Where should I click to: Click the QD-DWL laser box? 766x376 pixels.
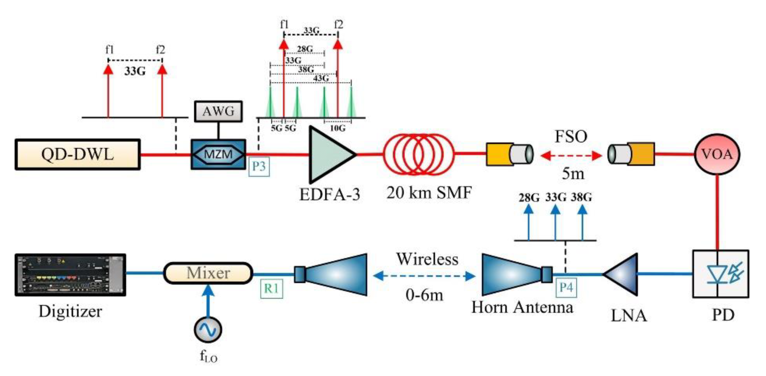pyautogui.click(x=77, y=155)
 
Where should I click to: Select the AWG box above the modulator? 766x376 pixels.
pyautogui.click(x=218, y=111)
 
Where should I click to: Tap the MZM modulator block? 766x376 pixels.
pyautogui.click(x=218, y=155)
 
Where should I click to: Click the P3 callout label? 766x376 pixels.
pyautogui.click(x=259, y=166)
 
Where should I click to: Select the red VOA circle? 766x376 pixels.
pyautogui.click(x=717, y=155)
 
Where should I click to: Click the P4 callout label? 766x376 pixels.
pyautogui.click(x=566, y=288)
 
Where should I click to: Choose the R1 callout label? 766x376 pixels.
pyautogui.click(x=271, y=288)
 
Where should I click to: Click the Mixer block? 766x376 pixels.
pyautogui.click(x=208, y=273)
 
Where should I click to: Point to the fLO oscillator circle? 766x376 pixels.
pyautogui.click(x=208, y=329)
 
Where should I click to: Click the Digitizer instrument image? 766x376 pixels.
pyautogui.click(x=70, y=274)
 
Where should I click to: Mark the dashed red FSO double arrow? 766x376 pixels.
pyautogui.click(x=571, y=155)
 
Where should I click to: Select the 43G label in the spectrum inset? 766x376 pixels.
pyautogui.click(x=321, y=78)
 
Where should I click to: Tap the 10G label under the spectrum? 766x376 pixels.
pyautogui.click(x=338, y=128)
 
